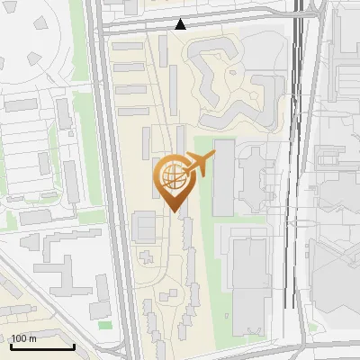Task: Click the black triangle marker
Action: [x=181, y=24]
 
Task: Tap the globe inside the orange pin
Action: [x=172, y=176]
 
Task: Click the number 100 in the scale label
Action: [x=19, y=339]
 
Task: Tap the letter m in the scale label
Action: [x=32, y=339]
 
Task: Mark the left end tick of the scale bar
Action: [x=11, y=346]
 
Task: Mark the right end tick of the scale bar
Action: [x=74, y=346]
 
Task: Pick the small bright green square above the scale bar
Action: [x=104, y=325]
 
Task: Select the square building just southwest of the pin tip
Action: [x=144, y=226]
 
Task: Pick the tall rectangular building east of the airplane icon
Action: [x=223, y=177]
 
